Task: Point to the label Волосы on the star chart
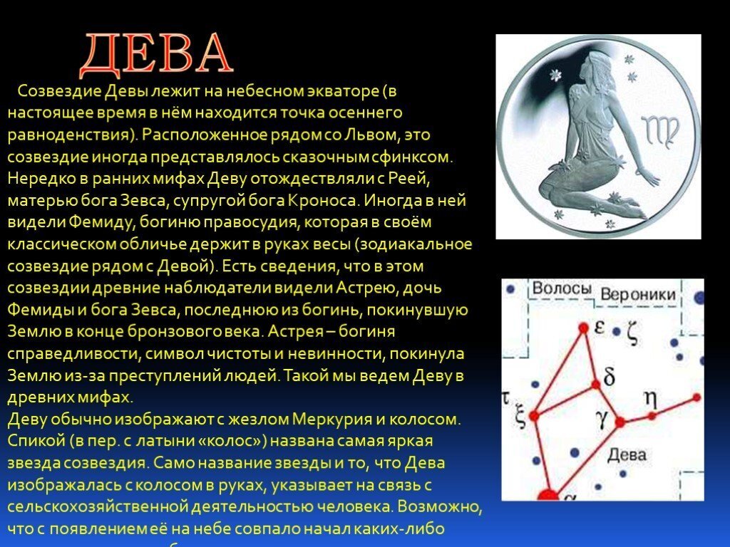pyautogui.click(x=562, y=289)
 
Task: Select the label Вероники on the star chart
pyautogui.click(x=637, y=294)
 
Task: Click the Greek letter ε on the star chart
pyautogui.click(x=600, y=327)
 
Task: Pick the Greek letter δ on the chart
pyautogui.click(x=608, y=375)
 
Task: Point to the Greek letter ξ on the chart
pyautogui.click(x=520, y=417)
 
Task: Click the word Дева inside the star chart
pyautogui.click(x=627, y=454)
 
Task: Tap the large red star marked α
pyautogui.click(x=548, y=494)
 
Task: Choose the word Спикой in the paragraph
pyautogui.click(x=36, y=441)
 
